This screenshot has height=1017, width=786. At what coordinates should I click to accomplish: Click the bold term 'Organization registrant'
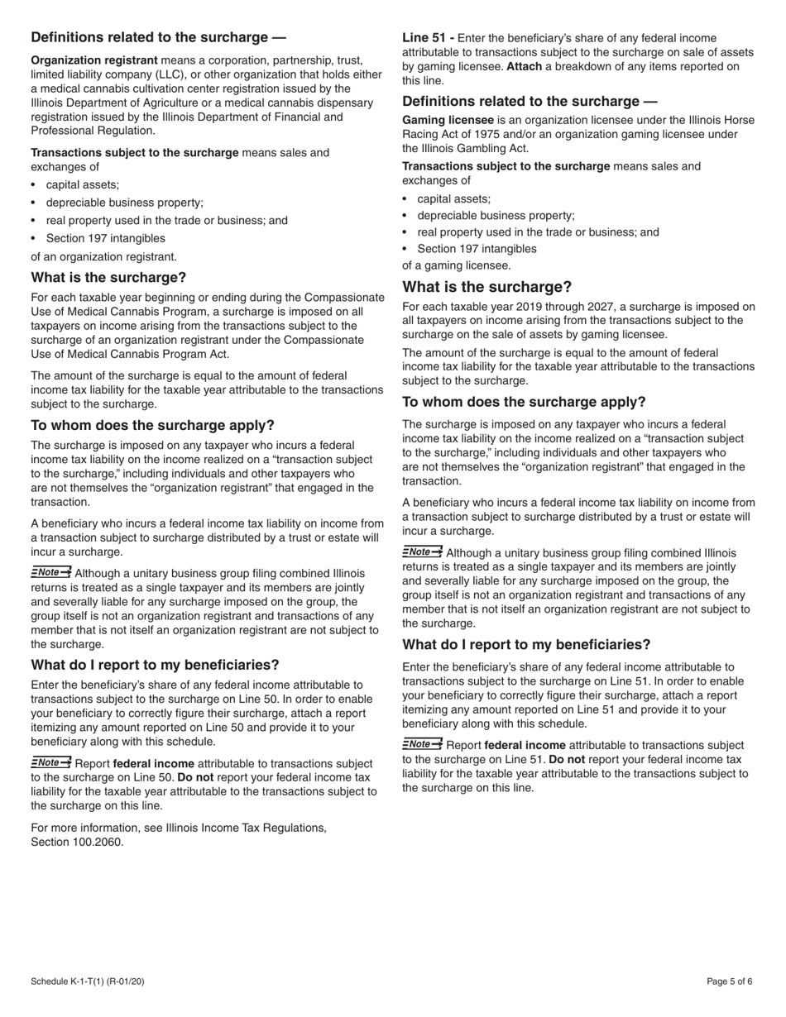[x=94, y=60]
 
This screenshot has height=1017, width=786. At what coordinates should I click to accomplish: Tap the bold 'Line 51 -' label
[x=428, y=38]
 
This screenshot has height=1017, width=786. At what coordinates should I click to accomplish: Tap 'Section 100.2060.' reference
[x=77, y=842]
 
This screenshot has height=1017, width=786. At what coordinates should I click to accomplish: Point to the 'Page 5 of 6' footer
[x=730, y=981]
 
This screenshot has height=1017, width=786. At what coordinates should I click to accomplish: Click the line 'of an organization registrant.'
[x=103, y=256]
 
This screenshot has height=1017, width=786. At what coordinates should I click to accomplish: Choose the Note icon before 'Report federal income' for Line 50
[x=50, y=762]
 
